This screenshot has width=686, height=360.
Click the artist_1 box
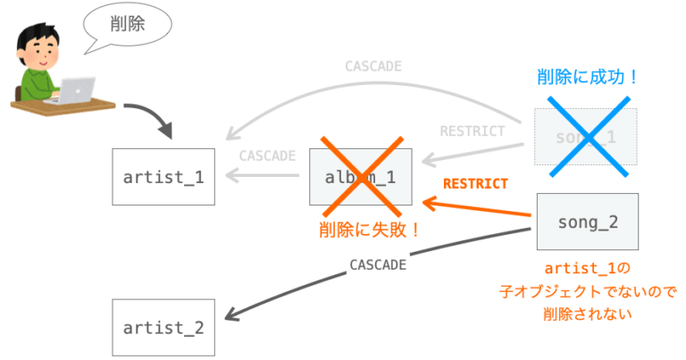[x=163, y=176]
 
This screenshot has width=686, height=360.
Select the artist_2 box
[x=163, y=327]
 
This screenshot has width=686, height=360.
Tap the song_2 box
[x=587, y=222]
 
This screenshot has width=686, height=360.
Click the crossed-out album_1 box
[x=362, y=176]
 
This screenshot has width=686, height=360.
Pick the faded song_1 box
[x=586, y=136]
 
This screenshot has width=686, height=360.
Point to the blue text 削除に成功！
[x=588, y=78]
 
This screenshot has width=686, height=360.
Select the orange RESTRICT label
[x=475, y=184]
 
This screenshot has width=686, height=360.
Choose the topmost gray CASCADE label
[x=373, y=66]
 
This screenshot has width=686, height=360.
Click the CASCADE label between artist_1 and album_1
[x=267, y=155]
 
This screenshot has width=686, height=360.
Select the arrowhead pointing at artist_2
[x=231, y=314]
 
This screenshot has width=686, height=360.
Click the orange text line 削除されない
[x=586, y=314]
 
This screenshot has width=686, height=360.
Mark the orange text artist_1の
[x=587, y=268]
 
